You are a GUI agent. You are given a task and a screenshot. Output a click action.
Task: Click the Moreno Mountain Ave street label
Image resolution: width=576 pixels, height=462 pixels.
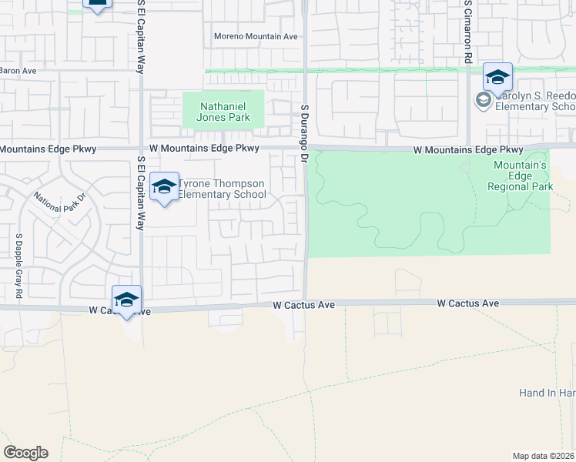[x=255, y=36]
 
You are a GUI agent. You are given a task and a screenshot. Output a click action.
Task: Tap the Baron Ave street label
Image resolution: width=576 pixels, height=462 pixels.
[x=18, y=70]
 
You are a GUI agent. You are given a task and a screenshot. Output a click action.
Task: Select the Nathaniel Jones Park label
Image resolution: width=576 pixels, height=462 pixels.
[x=224, y=112]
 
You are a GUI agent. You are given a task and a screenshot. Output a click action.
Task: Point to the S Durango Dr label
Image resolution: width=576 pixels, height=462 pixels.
[x=304, y=134]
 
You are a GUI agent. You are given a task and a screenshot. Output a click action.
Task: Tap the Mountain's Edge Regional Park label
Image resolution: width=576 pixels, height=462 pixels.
[x=520, y=176]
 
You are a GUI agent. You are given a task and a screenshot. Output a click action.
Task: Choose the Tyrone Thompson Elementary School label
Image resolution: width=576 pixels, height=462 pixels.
[x=222, y=189]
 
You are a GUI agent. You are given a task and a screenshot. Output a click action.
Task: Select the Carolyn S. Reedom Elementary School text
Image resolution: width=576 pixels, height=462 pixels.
[x=534, y=101]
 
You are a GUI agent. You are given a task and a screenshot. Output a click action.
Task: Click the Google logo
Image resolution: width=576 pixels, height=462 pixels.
[x=25, y=453]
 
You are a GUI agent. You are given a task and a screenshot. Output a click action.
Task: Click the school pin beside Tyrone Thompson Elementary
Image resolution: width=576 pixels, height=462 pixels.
[x=164, y=187]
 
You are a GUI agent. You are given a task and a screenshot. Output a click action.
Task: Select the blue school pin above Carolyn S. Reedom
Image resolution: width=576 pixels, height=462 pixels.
[x=497, y=78]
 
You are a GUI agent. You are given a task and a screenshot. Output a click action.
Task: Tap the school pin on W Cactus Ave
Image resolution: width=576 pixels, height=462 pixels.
[x=126, y=300]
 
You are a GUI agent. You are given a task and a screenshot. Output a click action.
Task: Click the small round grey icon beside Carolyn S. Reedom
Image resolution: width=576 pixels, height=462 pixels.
[x=483, y=99]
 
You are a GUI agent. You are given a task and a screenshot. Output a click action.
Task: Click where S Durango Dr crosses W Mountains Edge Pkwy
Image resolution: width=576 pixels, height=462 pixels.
[x=306, y=148]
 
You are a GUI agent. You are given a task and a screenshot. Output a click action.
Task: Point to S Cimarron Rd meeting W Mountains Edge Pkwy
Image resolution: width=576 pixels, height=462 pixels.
[x=467, y=148]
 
